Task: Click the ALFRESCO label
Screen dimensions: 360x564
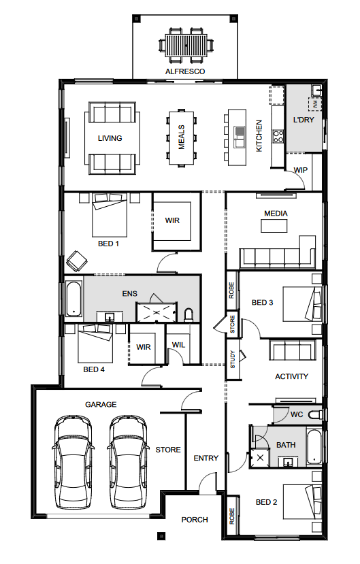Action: click(x=185, y=71)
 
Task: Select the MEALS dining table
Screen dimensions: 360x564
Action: click(x=181, y=137)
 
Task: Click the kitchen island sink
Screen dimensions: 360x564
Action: click(x=239, y=137)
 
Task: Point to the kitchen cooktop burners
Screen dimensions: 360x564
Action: click(x=278, y=136)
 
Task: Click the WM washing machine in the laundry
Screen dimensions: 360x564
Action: click(x=314, y=104)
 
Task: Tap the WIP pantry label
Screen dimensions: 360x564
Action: click(x=300, y=170)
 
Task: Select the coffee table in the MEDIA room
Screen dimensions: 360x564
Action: click(x=274, y=226)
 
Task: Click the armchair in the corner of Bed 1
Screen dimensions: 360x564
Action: click(x=77, y=261)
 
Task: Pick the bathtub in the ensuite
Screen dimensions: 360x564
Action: click(x=73, y=299)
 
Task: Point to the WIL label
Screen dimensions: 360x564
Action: click(x=178, y=345)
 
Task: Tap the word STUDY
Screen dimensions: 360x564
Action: click(x=232, y=359)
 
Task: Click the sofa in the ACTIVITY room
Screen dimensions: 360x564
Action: click(x=293, y=350)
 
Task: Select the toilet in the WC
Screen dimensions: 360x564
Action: click(x=315, y=414)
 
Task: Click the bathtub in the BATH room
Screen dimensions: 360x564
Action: click(x=314, y=446)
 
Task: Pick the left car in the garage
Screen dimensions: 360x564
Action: click(x=73, y=462)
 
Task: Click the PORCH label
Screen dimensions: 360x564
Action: click(x=195, y=520)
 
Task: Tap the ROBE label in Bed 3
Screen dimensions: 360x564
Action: click(x=231, y=291)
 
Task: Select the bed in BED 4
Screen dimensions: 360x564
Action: click(x=95, y=343)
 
